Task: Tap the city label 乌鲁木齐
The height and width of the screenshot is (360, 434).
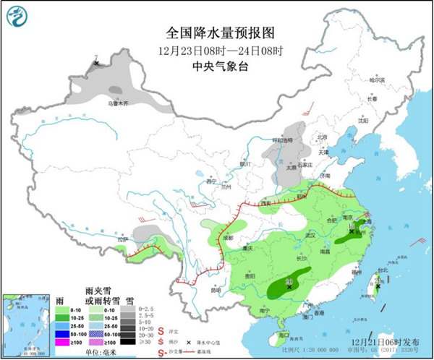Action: (x=119, y=103)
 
